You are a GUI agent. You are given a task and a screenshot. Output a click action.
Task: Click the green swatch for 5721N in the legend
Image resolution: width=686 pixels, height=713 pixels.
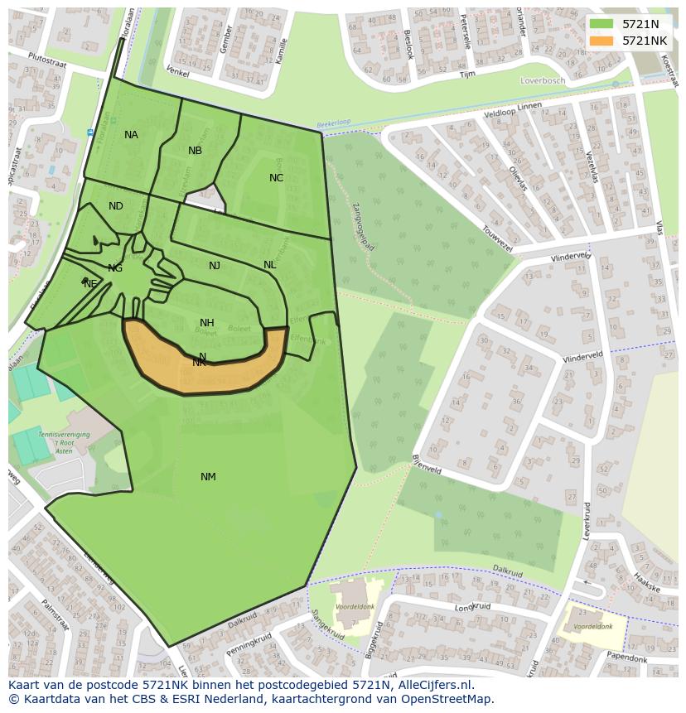[601, 24]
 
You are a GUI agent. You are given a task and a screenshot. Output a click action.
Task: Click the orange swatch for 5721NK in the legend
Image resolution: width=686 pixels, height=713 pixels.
[601, 41]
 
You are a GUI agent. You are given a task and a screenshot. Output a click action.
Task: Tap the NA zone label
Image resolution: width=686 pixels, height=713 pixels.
[131, 135]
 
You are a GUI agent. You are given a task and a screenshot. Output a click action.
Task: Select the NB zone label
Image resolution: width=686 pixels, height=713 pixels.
[195, 151]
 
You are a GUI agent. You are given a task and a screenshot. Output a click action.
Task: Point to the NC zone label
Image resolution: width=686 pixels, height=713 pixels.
[276, 178]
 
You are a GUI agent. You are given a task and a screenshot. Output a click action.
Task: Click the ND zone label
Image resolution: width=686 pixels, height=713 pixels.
[116, 206]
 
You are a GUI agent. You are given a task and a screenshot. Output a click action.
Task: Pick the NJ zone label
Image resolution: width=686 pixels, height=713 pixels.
[215, 266]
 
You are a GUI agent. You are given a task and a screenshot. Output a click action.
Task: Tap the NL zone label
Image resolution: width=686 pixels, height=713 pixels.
[269, 265]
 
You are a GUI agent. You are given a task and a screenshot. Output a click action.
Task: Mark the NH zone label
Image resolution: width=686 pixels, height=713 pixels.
[207, 323]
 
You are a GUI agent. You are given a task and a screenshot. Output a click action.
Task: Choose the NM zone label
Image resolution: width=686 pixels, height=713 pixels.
[208, 476]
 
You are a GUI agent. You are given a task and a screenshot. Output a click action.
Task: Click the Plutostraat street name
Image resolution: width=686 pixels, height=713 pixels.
[46, 60]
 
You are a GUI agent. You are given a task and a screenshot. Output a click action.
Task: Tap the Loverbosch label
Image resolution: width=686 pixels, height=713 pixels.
[542, 81]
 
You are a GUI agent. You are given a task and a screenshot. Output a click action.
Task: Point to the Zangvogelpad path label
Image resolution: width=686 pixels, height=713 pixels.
[361, 224]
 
